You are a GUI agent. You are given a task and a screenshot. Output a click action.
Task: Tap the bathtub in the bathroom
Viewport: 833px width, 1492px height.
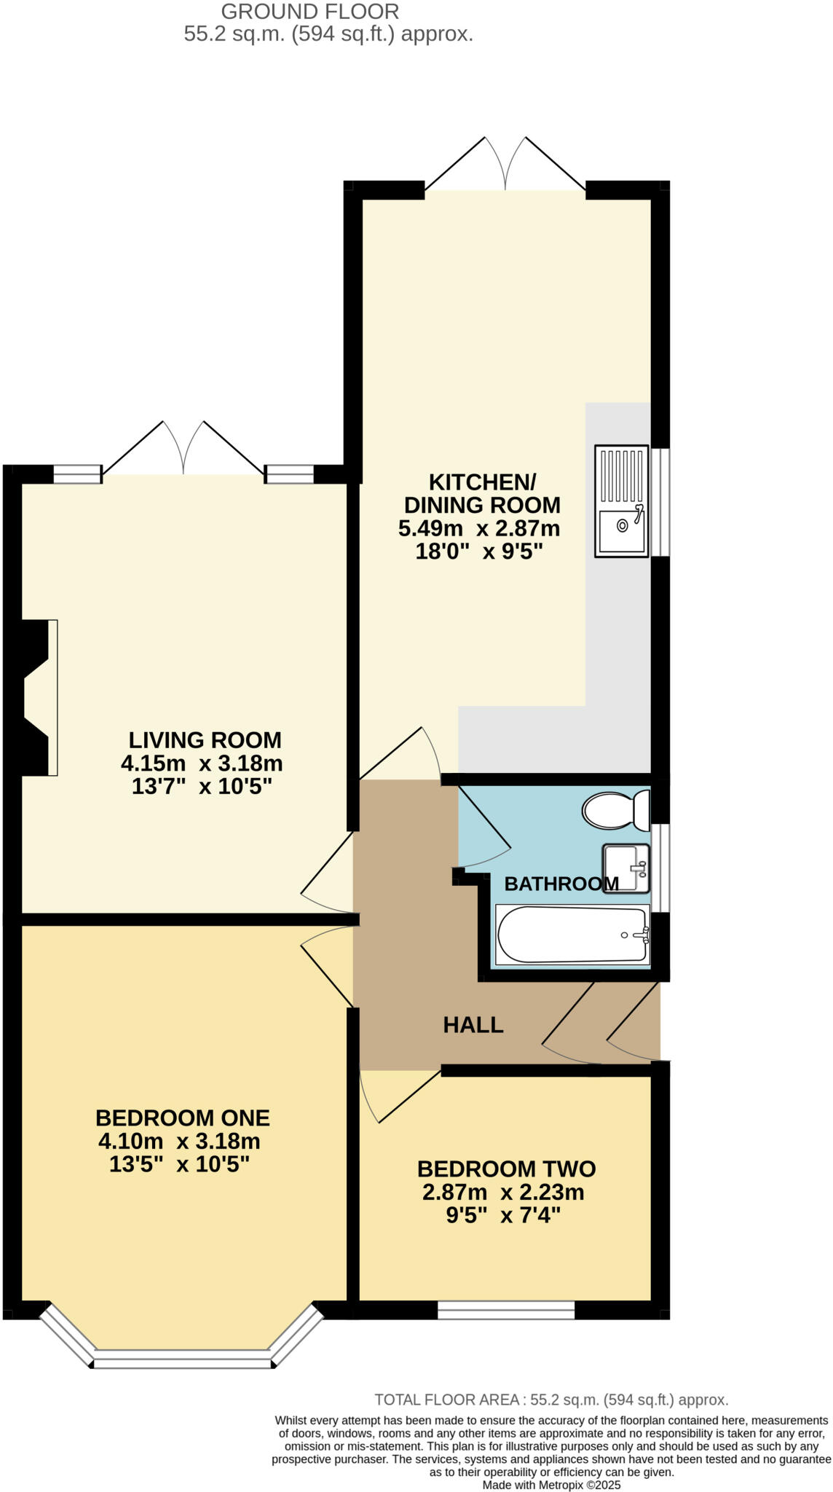(572, 935)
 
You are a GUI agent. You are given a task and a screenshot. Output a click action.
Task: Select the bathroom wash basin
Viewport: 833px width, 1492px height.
(625, 868)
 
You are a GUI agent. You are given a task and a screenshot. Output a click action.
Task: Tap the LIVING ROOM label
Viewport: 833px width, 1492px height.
(205, 740)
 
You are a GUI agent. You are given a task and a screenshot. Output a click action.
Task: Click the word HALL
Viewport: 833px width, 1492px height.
(473, 1025)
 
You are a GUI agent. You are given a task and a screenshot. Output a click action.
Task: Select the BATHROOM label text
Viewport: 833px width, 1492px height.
(561, 884)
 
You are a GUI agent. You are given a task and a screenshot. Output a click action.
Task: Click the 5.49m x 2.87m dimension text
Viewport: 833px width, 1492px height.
(479, 528)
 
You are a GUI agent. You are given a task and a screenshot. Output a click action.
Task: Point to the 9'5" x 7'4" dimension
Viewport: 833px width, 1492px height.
(503, 1215)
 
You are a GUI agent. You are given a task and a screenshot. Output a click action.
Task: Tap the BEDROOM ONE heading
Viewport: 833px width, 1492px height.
(182, 1118)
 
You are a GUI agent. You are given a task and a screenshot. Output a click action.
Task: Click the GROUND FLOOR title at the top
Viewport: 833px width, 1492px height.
(309, 12)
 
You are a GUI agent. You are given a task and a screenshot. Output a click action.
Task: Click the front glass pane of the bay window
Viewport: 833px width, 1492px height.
(182, 1359)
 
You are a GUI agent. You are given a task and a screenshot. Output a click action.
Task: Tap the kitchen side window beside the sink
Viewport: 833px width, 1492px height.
(660, 501)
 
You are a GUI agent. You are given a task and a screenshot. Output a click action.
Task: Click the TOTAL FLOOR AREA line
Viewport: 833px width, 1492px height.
(551, 1399)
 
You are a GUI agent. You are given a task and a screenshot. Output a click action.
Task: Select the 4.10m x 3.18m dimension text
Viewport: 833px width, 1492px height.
(179, 1141)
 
